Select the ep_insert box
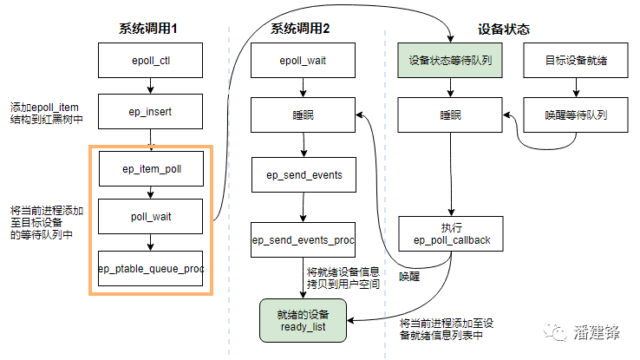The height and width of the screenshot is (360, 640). [x=150, y=112]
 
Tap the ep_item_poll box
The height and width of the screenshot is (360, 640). [x=151, y=168]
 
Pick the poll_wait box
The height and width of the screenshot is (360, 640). [x=151, y=216]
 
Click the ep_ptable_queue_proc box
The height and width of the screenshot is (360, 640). [x=151, y=269]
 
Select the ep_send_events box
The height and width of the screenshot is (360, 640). [x=303, y=174]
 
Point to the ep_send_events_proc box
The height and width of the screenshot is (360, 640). [x=303, y=239]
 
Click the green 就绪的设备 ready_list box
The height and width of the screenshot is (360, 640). [x=302, y=319]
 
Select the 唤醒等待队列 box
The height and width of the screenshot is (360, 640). [x=576, y=115]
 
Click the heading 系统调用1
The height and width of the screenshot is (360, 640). [x=148, y=29]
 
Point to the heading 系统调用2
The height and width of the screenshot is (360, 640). [x=300, y=29]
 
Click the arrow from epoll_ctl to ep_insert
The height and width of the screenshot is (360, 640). [x=150, y=87]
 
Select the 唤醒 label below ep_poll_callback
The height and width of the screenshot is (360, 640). [x=409, y=276]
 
